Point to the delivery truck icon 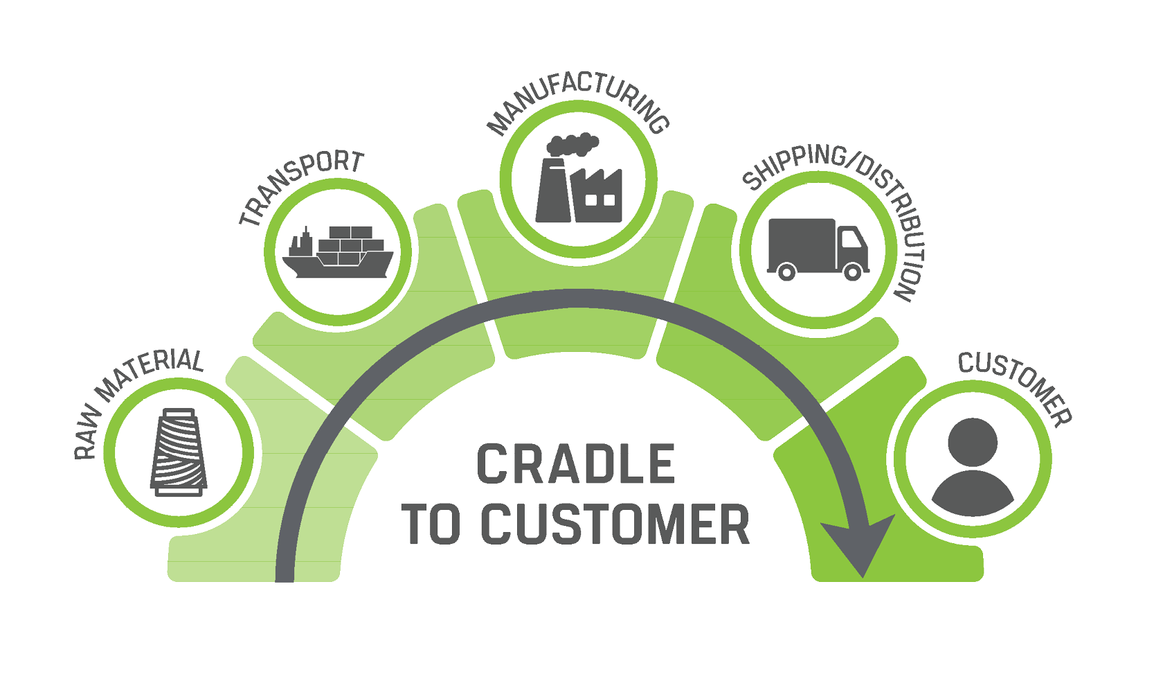[x=818, y=249]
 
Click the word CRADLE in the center [x=576, y=465]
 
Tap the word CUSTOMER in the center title [x=615, y=524]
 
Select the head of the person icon [x=973, y=441]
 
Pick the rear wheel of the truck [x=786, y=272]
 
